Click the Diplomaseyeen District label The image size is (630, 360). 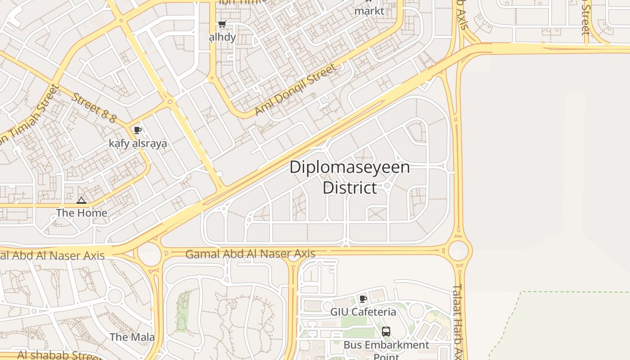tap(350, 177)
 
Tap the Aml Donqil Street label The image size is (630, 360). tap(295, 90)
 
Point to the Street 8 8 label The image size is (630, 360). tap(94, 108)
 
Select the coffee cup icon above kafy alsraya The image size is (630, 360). tap(138, 130)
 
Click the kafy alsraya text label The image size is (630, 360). tap(138, 144)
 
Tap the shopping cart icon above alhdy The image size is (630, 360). tap(222, 24)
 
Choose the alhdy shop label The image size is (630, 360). tap(222, 37)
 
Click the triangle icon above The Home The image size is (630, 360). tap(81, 200)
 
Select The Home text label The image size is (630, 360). tap(81, 213)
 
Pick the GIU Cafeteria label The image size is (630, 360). tap(363, 312)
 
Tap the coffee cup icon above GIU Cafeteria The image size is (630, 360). tap(363, 299)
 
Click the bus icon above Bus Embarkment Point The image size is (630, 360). tap(386, 332)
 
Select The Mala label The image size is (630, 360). tap(132, 337)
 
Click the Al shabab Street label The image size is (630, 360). tap(58, 355)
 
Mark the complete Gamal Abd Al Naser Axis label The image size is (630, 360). tap(250, 254)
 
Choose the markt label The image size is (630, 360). tap(369, 11)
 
